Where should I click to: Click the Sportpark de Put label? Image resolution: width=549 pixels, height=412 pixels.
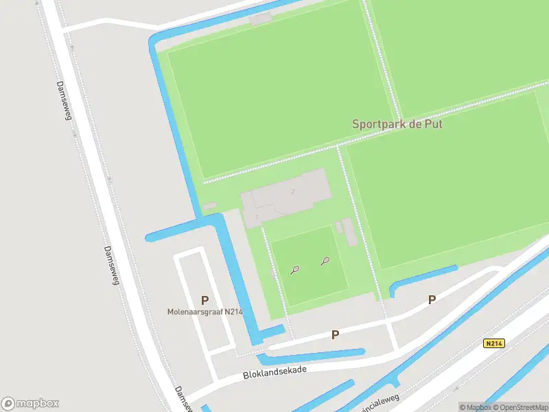397,124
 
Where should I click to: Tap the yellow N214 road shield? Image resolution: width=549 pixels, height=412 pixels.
493,343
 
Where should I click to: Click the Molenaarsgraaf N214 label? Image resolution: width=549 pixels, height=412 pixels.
205,312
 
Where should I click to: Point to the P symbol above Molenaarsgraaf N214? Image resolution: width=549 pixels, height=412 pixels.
204,300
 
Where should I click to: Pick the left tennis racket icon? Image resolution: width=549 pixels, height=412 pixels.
294,270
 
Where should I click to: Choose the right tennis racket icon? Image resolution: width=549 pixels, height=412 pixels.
325,261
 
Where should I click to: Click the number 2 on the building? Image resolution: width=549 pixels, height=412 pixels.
293,191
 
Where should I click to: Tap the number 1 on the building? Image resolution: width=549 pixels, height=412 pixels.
257,217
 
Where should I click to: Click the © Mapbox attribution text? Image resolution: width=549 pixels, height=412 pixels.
475,407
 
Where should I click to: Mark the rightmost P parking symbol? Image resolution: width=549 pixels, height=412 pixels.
432,299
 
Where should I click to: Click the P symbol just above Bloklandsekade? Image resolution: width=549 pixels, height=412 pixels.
335,335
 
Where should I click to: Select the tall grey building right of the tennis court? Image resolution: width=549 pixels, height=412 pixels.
350,231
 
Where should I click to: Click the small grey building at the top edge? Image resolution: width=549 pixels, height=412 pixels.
260,19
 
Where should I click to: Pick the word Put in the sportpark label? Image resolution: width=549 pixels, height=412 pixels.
434,124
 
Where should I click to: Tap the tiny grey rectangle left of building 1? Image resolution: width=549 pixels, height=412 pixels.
209,205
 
